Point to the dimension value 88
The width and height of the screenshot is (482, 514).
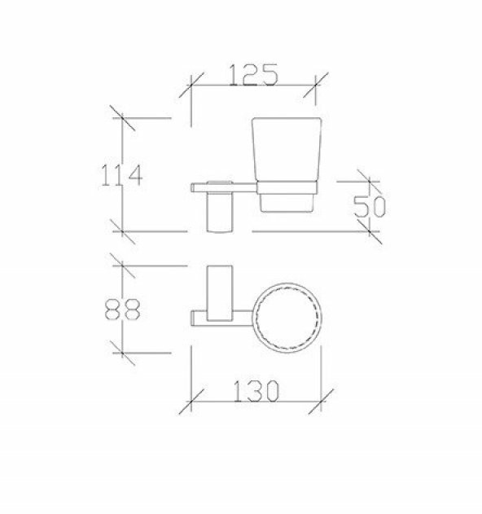(x=123, y=310)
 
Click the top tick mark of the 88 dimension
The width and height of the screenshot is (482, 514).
(x=122, y=264)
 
